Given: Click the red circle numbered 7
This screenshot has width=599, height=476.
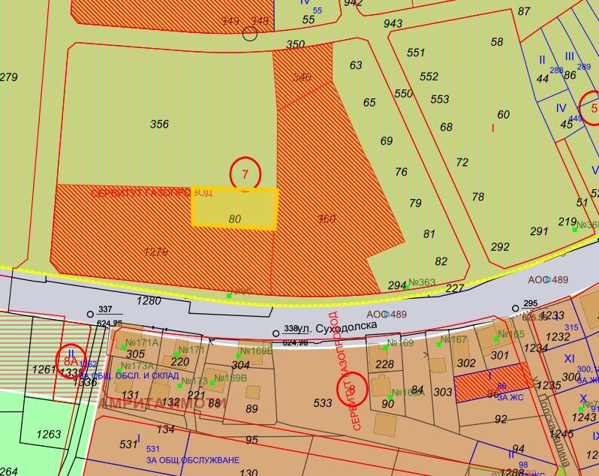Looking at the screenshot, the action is [245, 173].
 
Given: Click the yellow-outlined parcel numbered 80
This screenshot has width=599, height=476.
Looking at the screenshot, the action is [235, 208].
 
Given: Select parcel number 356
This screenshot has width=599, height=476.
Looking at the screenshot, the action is [159, 125].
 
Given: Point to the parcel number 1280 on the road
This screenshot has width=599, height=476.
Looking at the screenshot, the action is [149, 301].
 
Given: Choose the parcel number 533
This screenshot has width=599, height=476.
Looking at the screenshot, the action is [322, 403].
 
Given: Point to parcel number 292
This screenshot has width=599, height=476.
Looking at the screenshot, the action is [500, 247].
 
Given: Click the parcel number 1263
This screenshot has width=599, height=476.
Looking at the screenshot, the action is [49, 434].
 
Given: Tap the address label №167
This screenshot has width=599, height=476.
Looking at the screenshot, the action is [453, 339].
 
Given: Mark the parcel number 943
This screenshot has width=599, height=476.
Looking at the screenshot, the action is [393, 23].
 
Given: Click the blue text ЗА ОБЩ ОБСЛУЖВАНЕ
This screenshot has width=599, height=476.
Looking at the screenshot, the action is [192, 460].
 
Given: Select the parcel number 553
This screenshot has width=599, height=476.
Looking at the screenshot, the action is [439, 99].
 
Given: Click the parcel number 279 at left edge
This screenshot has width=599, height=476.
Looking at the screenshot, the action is [8, 77].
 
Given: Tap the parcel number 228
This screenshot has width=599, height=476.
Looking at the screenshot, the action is [384, 365].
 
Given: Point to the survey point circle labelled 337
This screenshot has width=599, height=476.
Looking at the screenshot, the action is [91, 314].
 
